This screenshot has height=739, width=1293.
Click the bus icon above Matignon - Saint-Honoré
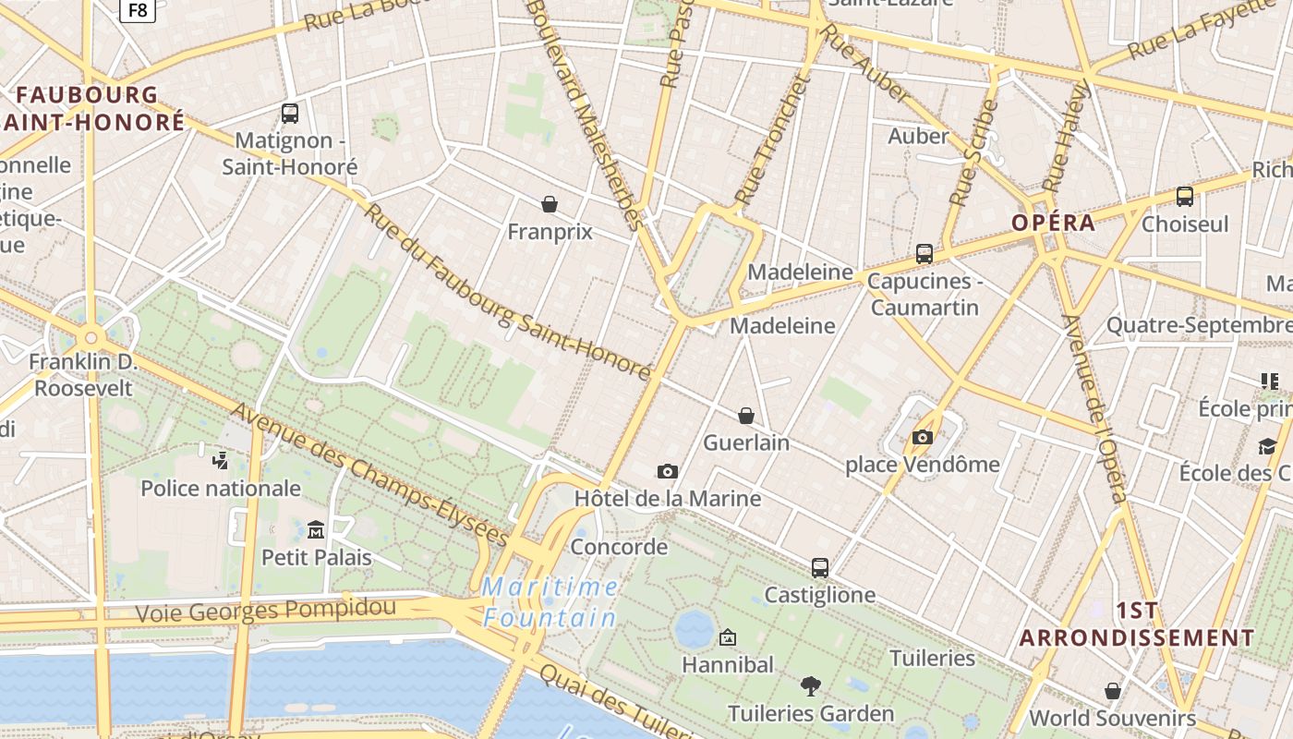(290, 114)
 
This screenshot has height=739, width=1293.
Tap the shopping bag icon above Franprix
(550, 204)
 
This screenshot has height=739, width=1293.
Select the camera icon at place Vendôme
(922, 437)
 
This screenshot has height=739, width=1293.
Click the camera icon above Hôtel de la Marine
(668, 471)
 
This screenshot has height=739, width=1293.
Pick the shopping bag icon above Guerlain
(746, 416)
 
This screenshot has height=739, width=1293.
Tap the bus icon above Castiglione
(820, 567)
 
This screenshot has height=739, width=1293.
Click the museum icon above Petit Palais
(316, 529)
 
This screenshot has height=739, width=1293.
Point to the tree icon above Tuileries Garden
(811, 685)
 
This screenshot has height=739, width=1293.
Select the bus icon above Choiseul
(1185, 196)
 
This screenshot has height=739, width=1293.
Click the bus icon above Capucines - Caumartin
(924, 254)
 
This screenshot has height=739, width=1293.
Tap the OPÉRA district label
(1053, 223)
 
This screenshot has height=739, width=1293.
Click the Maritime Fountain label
(550, 602)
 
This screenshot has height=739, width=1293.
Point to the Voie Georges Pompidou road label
(266, 611)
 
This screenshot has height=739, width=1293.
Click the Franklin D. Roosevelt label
(84, 374)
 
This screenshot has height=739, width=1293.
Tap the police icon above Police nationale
(220, 460)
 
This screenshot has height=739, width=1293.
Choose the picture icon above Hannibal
(728, 637)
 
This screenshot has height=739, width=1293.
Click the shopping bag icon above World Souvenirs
(1113, 691)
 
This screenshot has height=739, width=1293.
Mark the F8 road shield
(137, 9)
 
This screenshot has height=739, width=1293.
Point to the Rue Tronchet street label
(772, 141)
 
